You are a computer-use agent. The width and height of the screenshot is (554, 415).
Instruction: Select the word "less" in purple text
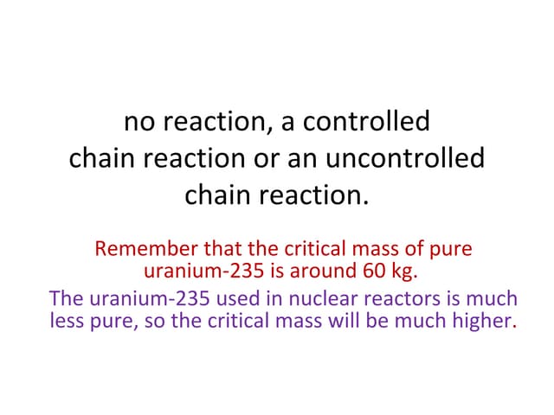tap(68, 322)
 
